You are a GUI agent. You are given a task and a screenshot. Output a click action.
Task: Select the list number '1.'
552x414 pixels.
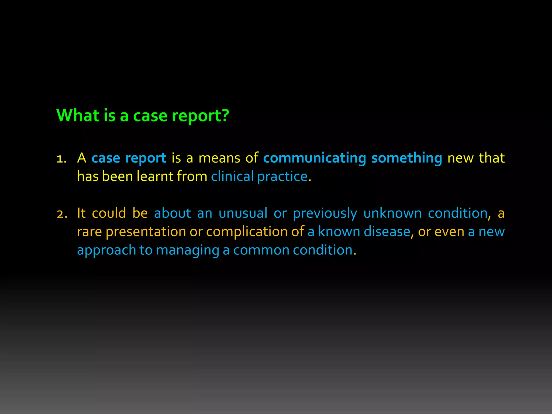click(x=61, y=159)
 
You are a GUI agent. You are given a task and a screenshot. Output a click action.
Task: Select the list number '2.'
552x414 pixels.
click(x=62, y=214)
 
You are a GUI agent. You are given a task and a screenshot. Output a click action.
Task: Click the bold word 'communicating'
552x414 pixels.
click(x=315, y=158)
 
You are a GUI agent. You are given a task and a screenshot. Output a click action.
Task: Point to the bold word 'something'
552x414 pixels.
click(x=406, y=158)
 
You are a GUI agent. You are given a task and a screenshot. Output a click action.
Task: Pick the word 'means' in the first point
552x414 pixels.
click(x=219, y=158)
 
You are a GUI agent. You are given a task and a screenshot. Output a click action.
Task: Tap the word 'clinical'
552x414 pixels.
click(x=232, y=177)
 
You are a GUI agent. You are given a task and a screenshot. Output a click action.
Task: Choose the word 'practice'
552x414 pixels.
click(x=282, y=177)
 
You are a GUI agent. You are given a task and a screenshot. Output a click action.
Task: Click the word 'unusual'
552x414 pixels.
click(x=243, y=213)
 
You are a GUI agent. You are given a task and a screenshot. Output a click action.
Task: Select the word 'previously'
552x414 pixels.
click(x=325, y=214)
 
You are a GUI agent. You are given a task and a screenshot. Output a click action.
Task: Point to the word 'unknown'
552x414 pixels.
click(x=392, y=213)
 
